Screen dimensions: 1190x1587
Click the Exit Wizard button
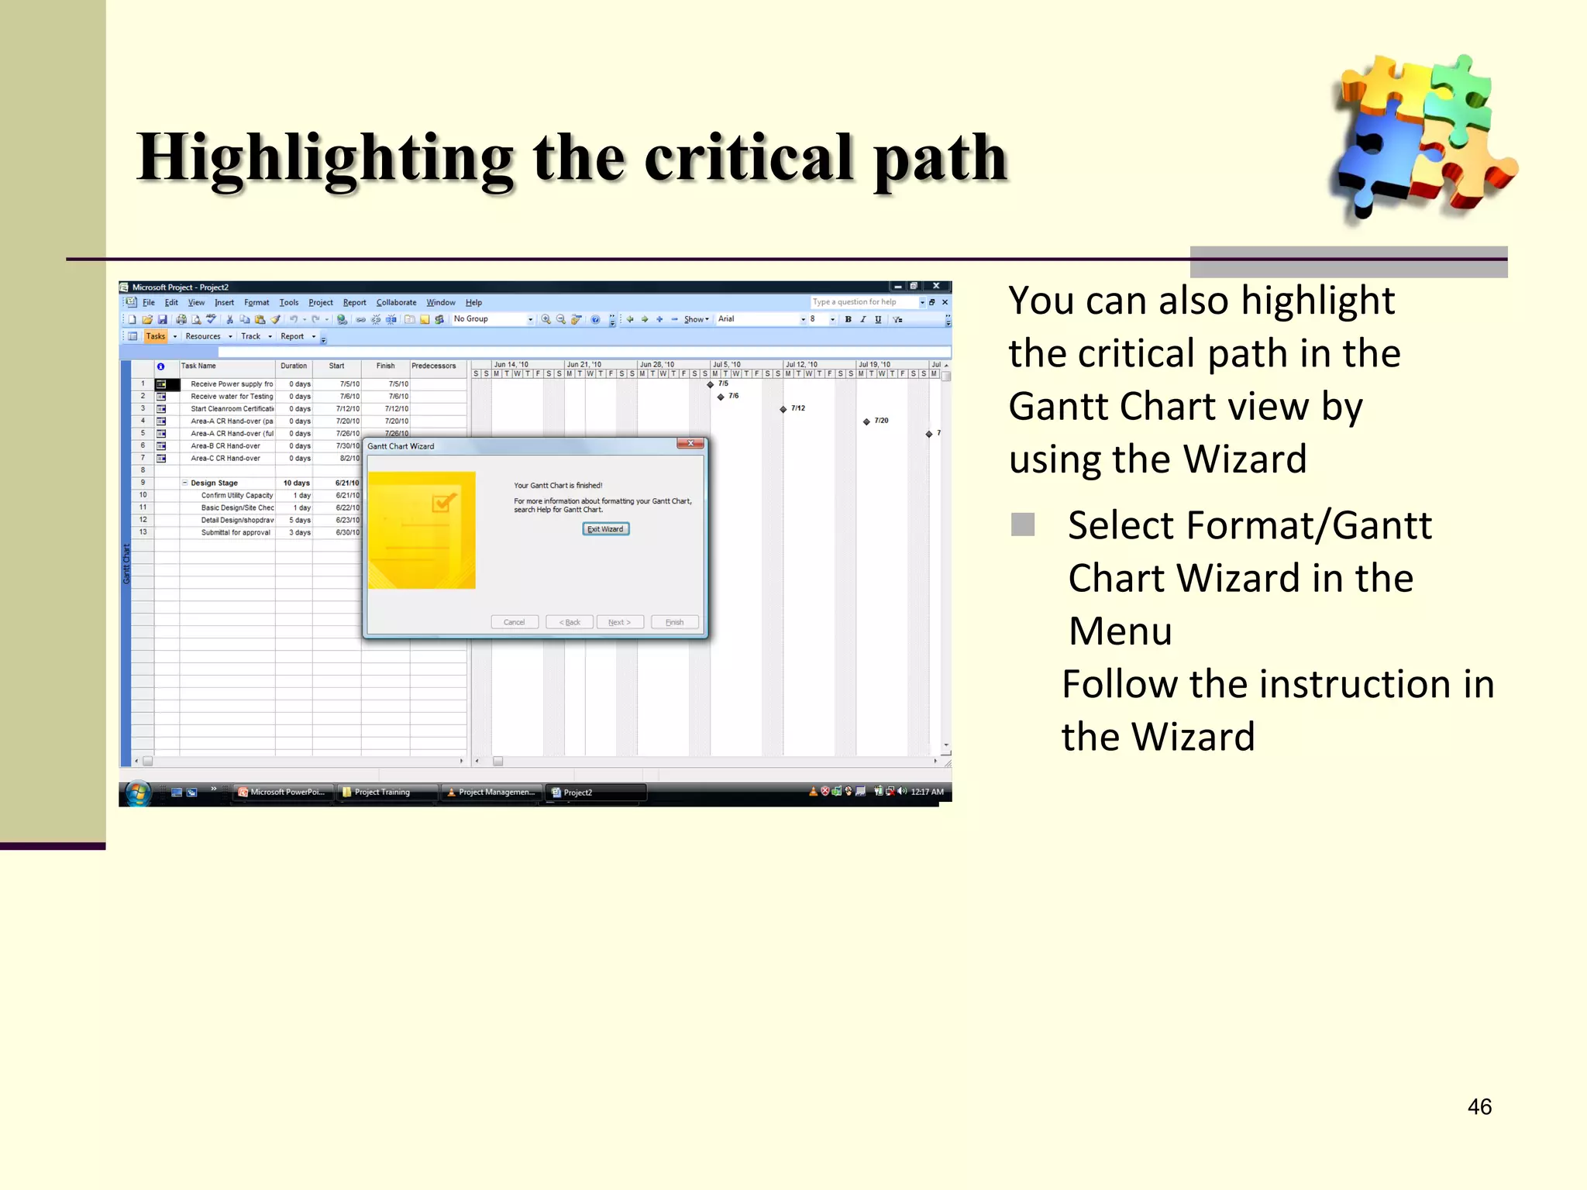tap(605, 529)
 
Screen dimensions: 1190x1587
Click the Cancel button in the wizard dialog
tap(514, 622)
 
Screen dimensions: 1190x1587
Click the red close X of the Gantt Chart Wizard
tap(690, 444)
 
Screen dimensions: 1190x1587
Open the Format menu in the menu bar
tap(256, 303)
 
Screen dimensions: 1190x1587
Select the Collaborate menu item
tap(396, 303)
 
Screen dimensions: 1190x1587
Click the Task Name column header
tap(199, 366)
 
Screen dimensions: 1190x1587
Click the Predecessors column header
tap(434, 366)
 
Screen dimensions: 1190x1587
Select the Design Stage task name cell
tap(215, 483)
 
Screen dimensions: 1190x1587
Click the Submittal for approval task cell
tap(236, 533)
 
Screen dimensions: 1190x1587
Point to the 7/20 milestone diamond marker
tap(866, 421)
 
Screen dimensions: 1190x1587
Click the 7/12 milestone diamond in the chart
tap(783, 409)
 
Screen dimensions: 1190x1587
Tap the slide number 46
tap(1479, 1106)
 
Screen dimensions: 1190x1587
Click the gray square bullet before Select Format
tap(1023, 525)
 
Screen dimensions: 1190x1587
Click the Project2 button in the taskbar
tap(595, 792)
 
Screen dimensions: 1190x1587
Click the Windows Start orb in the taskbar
tap(138, 793)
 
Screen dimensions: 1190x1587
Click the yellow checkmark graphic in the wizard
tap(443, 504)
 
